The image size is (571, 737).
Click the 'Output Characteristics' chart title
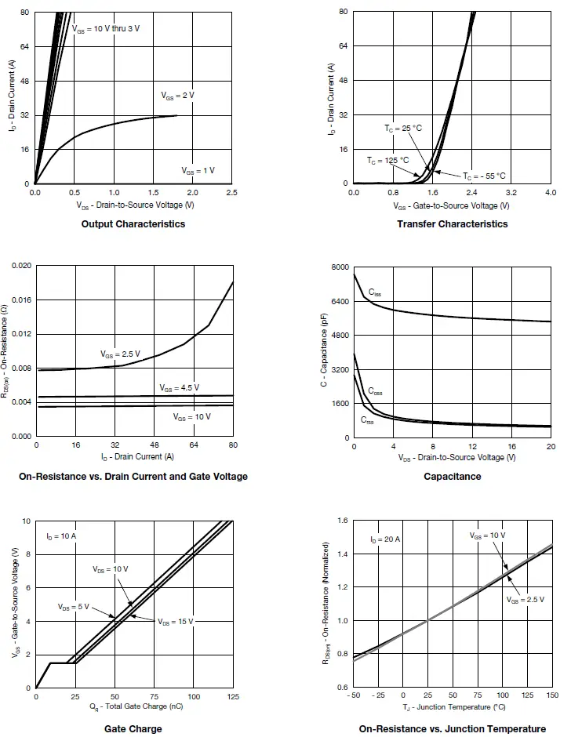[133, 224]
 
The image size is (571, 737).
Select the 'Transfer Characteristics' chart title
[453, 224]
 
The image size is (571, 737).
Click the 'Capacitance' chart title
[453, 477]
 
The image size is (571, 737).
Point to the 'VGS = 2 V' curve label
[177, 95]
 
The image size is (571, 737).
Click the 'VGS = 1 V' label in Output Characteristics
[198, 170]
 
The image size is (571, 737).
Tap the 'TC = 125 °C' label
[387, 160]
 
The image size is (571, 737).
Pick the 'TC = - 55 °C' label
[484, 176]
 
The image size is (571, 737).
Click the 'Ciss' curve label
[375, 292]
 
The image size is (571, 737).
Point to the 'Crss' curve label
[367, 421]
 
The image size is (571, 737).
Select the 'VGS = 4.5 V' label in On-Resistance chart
[179, 387]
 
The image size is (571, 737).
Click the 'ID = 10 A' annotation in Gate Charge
[61, 536]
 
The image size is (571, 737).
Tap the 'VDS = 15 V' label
[175, 621]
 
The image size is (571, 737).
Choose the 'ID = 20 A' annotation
[384, 539]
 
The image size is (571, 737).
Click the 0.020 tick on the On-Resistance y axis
[21, 267]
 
